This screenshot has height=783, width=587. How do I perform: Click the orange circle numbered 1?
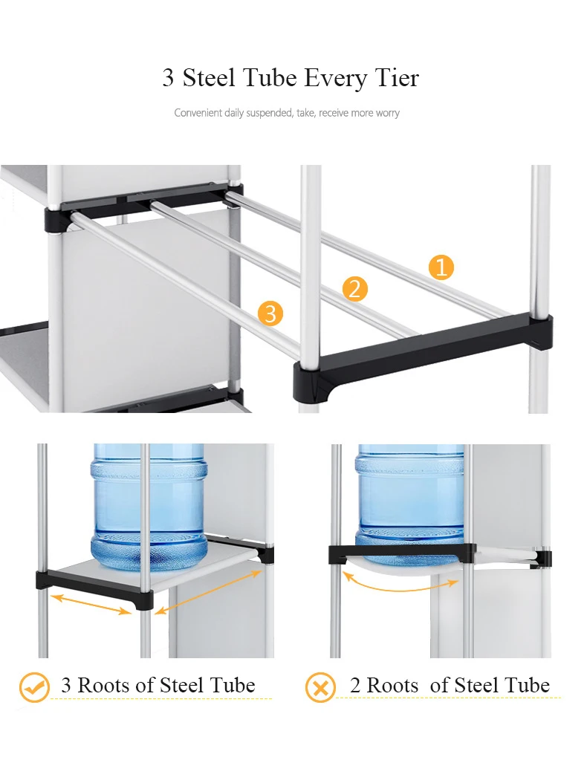441,267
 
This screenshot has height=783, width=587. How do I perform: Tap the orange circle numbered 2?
354,289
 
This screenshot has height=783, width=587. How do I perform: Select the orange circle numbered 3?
270,313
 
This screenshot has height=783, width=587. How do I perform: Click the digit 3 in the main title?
169,79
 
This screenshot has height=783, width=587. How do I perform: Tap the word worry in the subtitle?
388,113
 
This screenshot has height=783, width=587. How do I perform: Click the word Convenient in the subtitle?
198,112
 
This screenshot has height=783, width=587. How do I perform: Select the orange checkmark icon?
34,687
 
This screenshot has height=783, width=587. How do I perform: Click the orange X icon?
320,688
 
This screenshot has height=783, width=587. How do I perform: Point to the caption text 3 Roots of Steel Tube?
158,685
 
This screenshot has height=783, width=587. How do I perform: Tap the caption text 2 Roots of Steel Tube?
450,685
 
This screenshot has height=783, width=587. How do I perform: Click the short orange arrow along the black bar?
91,604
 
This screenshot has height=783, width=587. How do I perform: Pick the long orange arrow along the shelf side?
208,593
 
